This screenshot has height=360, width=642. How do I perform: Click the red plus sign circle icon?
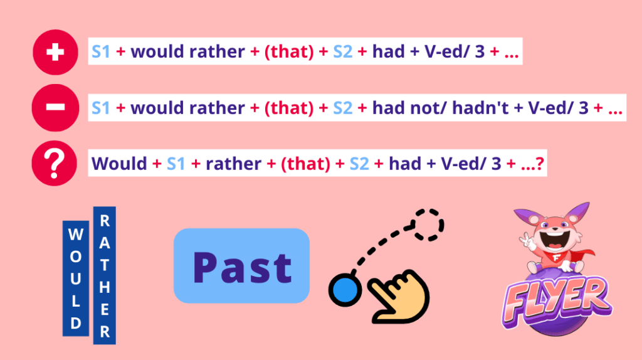55,52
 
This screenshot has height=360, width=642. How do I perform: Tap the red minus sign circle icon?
55,108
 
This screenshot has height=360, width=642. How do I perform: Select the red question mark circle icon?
55,164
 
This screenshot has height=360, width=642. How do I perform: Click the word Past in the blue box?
242,267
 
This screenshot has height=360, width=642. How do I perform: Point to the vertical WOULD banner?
76,278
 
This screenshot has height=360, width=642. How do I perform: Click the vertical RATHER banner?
105,275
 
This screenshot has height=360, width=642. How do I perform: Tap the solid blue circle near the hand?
345,290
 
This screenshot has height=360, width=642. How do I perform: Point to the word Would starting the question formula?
119,164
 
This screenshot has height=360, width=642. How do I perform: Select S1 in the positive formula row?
101,52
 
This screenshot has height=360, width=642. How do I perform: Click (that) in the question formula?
305,164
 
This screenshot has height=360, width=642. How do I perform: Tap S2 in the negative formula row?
343,108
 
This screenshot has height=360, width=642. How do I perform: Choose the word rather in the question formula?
233,164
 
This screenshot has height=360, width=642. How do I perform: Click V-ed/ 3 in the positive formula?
455,52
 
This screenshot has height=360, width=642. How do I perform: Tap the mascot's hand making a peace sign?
528,241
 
